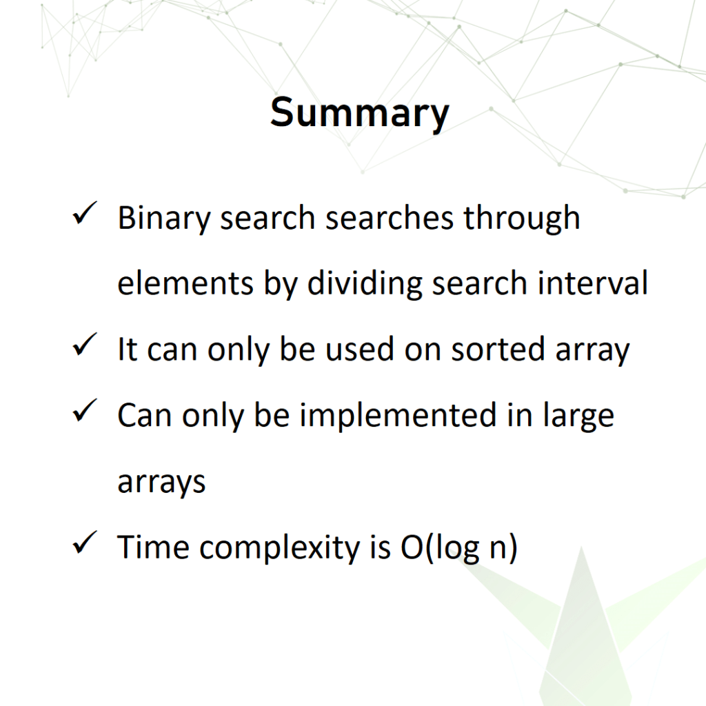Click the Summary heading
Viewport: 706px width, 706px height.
point(359,113)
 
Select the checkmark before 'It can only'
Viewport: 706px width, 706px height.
point(85,345)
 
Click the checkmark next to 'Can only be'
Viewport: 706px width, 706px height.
point(85,410)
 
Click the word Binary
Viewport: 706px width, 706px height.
point(164,219)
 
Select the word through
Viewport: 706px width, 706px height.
point(522,219)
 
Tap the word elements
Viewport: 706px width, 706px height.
point(185,283)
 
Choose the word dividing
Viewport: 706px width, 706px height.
point(365,283)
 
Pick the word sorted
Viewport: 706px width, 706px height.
point(498,349)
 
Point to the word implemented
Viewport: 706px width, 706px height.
point(398,416)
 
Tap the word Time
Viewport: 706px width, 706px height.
point(153,547)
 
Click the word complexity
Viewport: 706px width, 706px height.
point(280,548)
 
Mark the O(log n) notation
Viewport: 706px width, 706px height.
point(458,548)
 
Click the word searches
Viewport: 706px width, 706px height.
point(389,218)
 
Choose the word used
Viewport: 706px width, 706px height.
point(359,349)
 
